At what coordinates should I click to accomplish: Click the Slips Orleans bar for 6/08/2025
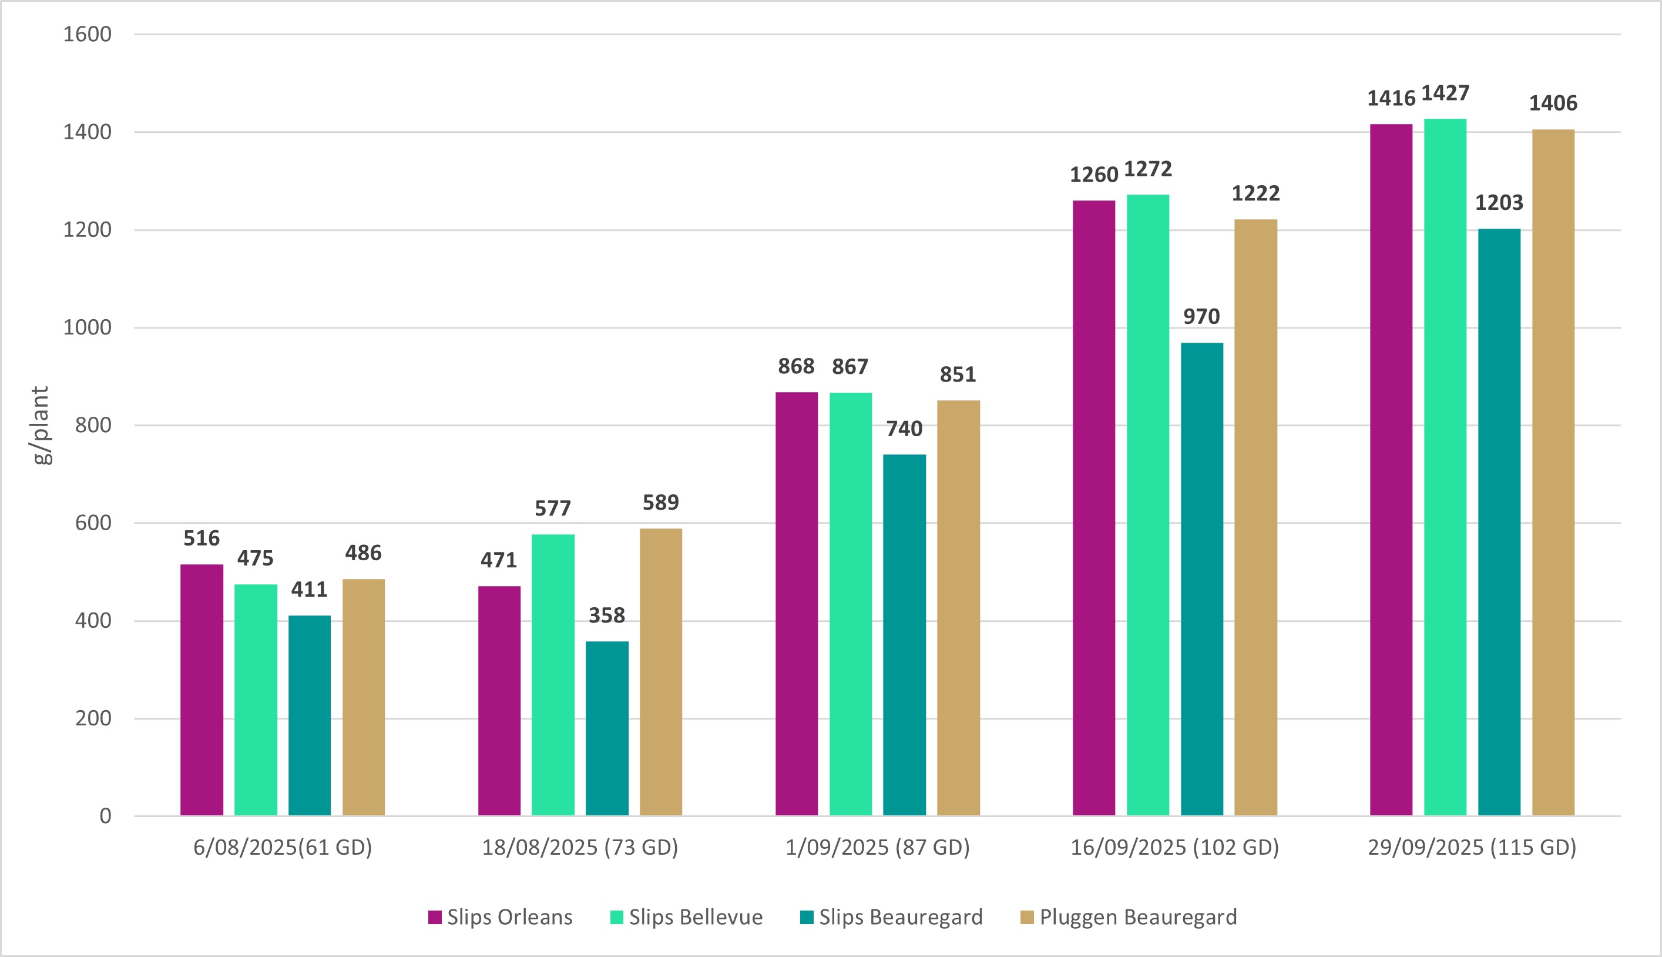click(x=202, y=690)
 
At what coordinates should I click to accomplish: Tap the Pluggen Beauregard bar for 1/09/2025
click(x=958, y=608)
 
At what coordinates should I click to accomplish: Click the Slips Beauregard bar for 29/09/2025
click(x=1499, y=523)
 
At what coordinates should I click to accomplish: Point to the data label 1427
click(x=1445, y=93)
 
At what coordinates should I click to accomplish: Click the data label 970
click(x=1201, y=317)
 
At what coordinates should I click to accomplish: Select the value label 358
click(x=606, y=616)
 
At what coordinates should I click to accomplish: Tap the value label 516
click(x=202, y=539)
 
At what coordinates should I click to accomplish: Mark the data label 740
click(x=904, y=429)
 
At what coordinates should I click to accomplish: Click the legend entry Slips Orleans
click(x=501, y=917)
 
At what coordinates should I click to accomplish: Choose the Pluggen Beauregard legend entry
click(x=1129, y=917)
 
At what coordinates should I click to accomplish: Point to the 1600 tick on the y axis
click(x=88, y=34)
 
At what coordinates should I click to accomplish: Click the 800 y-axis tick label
click(x=93, y=425)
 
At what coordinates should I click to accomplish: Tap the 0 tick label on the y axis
click(x=105, y=817)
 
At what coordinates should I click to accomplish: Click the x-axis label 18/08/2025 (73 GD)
click(x=580, y=848)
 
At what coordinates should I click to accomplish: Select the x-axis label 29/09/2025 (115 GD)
click(x=1472, y=848)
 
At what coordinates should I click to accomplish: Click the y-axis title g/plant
click(x=41, y=425)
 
